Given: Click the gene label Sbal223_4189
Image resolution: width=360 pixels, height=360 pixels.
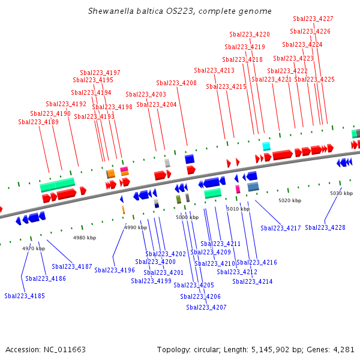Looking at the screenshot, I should [38, 122].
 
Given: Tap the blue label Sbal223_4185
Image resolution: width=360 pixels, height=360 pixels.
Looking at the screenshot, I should [25, 296].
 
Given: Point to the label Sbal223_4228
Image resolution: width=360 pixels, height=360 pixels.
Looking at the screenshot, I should [325, 227].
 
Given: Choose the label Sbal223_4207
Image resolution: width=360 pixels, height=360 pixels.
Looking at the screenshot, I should [206, 307].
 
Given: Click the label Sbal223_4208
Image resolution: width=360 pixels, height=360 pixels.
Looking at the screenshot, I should [176, 83].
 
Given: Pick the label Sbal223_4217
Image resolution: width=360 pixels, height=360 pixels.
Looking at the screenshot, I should [281, 228].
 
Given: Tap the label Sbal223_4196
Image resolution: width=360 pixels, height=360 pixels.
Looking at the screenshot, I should [115, 270].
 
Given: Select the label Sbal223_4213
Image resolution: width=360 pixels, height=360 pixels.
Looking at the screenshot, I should [214, 70].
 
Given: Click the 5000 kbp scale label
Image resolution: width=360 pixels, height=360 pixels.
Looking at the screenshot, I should [187, 217].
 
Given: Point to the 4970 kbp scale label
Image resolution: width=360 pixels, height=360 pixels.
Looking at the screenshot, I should [34, 248].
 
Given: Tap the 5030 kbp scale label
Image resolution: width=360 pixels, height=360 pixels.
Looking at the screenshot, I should [341, 193].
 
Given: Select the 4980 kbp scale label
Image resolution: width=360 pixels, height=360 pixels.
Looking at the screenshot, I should [85, 238].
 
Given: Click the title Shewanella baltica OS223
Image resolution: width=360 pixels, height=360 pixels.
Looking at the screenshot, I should [180, 11].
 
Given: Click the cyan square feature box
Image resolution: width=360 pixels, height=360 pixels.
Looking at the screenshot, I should [266, 146].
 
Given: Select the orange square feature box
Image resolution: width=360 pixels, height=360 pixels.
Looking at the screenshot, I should [110, 173].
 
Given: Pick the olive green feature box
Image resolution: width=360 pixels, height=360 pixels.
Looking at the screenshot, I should [178, 199].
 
